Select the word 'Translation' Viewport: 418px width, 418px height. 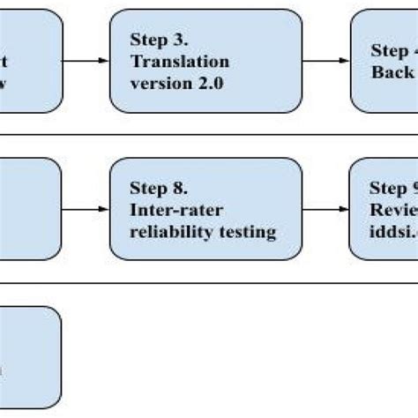[180, 62]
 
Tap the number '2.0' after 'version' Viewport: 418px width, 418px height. [211, 83]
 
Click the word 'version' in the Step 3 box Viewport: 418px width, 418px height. [162, 83]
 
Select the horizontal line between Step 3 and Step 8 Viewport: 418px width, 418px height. [209, 135]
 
